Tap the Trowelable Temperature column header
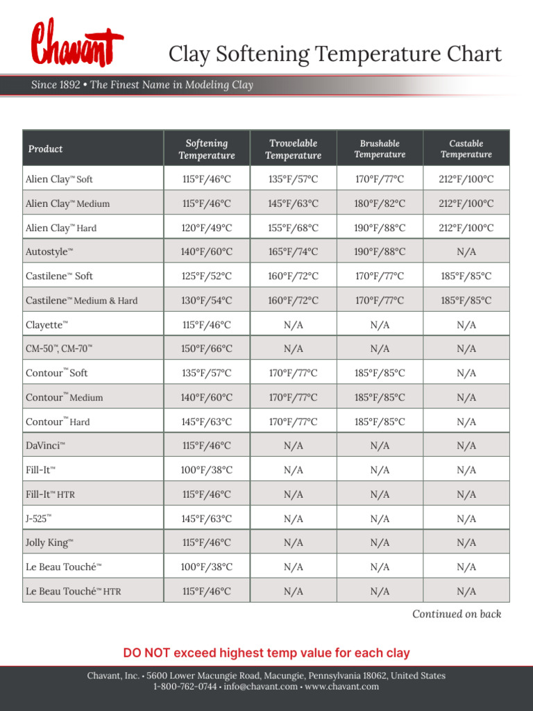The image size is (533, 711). coord(293,149)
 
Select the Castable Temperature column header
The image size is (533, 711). coord(466,149)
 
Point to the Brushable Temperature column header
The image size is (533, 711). coord(380,149)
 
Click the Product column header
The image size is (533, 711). coord(45,149)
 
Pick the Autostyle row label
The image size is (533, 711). coord(49,252)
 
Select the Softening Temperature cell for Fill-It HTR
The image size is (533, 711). coord(206,494)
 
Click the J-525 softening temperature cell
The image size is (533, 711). coord(206,519)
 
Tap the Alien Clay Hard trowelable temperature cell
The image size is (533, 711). coord(293,228)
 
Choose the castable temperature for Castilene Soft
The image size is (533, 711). coord(466,276)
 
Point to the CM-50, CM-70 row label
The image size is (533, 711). coord(58,349)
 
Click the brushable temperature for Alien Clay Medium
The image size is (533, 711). coord(380,203)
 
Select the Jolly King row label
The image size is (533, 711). coord(49,543)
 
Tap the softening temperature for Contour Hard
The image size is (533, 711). coord(206,421)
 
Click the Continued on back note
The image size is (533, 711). coord(456,614)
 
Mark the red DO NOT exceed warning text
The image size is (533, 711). coord(266,653)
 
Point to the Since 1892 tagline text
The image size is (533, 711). coord(142,85)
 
